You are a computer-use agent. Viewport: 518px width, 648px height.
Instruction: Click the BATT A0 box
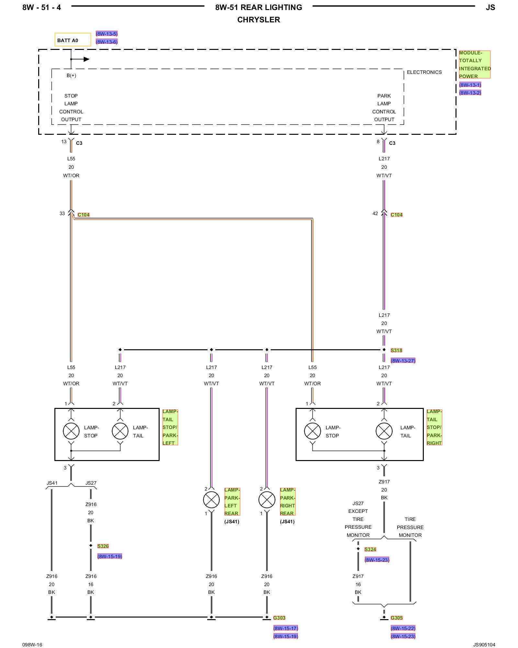[73, 40]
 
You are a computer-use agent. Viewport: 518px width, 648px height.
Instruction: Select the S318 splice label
[396, 350]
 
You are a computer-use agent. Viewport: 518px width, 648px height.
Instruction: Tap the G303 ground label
[279, 618]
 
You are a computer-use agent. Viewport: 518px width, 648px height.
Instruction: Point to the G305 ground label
[397, 618]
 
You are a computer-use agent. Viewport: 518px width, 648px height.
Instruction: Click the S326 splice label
[103, 546]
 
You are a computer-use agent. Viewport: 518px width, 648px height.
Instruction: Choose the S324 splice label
[370, 549]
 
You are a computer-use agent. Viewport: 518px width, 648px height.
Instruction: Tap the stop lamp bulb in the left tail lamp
[71, 431]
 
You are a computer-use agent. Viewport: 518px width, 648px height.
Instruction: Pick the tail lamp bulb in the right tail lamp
[384, 431]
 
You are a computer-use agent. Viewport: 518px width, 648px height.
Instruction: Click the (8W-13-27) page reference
[403, 361]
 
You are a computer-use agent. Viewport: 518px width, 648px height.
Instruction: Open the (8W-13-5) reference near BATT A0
[107, 34]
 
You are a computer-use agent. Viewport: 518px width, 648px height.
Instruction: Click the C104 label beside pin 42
[397, 214]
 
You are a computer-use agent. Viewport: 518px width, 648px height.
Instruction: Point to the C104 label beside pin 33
[84, 214]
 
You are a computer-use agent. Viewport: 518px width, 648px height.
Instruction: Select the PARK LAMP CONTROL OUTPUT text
[384, 108]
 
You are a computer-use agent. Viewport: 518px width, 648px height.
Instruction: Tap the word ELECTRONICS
[424, 72]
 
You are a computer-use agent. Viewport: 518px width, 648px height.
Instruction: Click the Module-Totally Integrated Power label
[475, 64]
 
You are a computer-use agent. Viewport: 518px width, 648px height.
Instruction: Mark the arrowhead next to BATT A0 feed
[86, 59]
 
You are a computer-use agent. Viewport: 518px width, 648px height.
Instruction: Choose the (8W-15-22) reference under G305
[403, 628]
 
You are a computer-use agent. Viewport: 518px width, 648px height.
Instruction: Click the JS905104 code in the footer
[484, 644]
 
